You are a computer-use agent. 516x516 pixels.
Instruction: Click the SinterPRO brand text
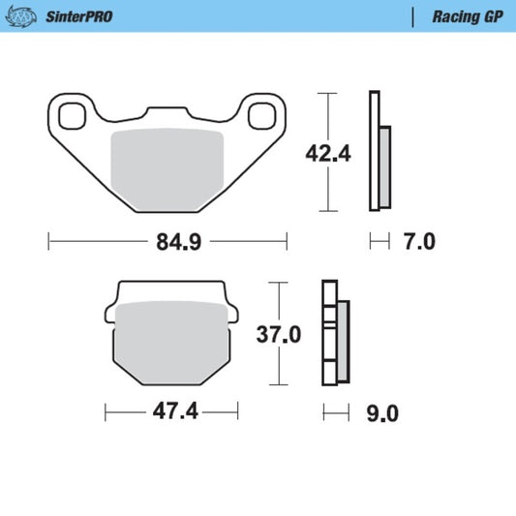(77, 16)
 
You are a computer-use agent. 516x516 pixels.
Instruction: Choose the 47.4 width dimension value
(175, 411)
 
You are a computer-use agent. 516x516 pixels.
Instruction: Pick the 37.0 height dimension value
(279, 335)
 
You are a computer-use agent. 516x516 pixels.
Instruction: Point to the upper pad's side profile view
(379, 152)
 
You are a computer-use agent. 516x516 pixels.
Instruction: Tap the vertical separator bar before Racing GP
(413, 16)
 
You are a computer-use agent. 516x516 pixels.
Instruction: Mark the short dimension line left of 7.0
(379, 241)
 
